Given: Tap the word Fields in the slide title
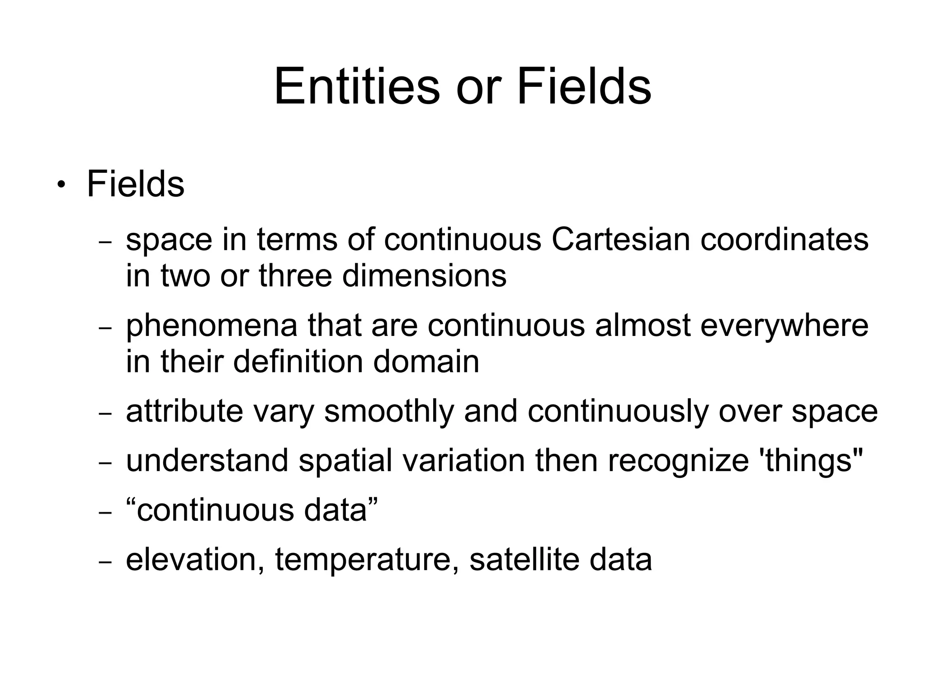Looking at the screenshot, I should click(x=584, y=86).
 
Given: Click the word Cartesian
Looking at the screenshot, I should click(x=620, y=239).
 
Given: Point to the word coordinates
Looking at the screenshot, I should click(x=784, y=239).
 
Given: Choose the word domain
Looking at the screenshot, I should click(x=426, y=362).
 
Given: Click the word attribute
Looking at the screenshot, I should click(x=184, y=411).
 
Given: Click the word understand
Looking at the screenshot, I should click(x=207, y=461).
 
